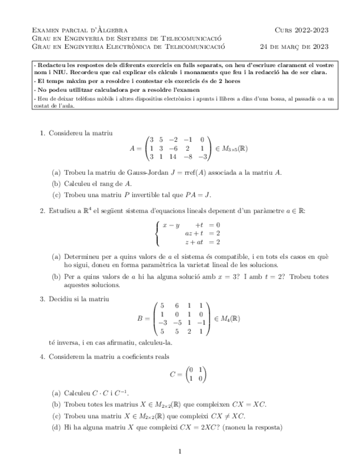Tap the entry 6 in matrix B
click(176, 305)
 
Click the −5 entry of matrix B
click(176, 323)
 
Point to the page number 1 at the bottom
click(180, 452)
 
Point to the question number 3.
click(42, 299)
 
